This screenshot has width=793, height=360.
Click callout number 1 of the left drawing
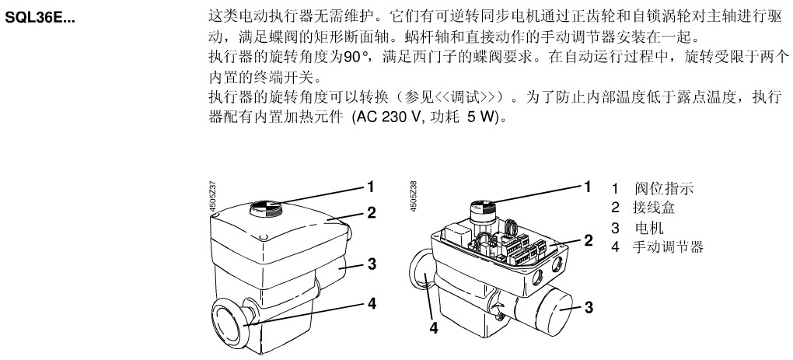tap(372, 187)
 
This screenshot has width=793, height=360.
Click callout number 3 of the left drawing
tap(372, 264)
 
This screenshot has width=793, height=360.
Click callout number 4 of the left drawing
tap(372, 304)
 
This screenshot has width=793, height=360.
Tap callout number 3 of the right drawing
tap(589, 308)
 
